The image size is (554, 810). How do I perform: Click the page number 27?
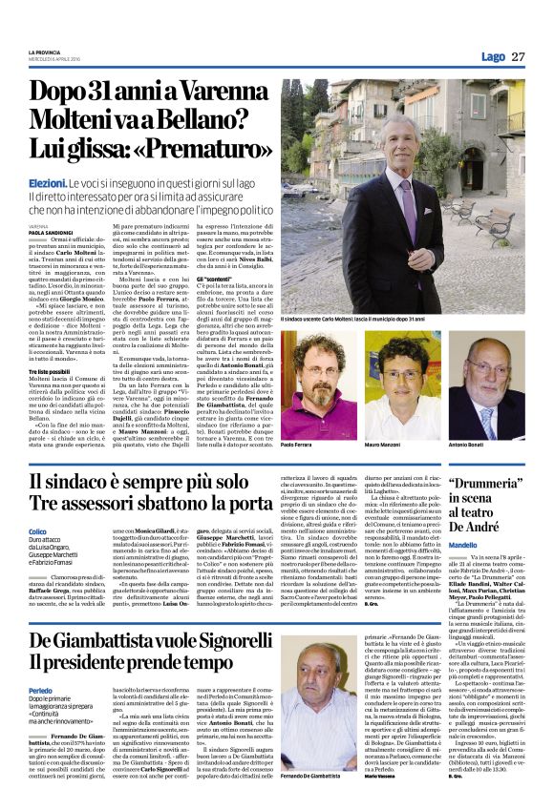[x=518, y=56]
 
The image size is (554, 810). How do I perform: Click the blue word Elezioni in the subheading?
[x=47, y=180]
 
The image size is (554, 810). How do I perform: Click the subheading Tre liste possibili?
[x=49, y=371]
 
